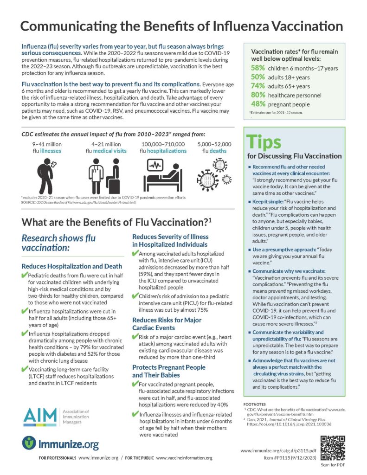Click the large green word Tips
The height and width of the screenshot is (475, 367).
[265, 141]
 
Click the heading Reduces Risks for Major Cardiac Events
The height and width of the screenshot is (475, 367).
[167, 324]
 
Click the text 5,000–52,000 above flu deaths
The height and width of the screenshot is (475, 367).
[215, 144]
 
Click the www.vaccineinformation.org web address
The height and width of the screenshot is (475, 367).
[184, 458]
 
